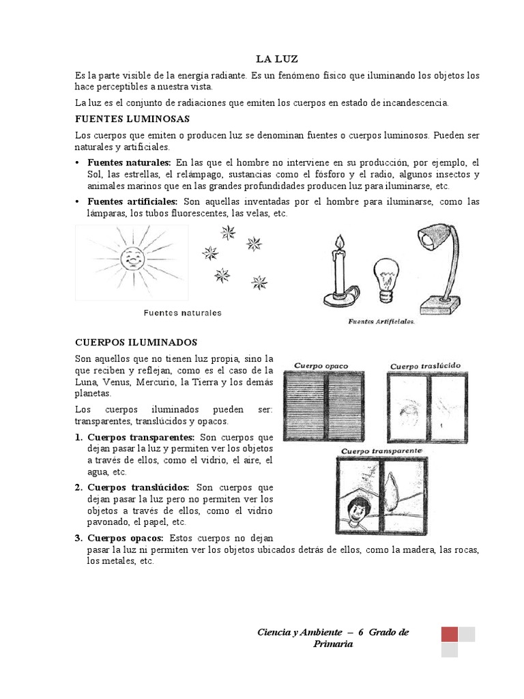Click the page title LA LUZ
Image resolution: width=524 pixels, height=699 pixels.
point(278,60)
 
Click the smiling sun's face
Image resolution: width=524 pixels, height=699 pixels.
point(131,259)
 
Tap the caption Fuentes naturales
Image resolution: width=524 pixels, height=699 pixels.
point(182,313)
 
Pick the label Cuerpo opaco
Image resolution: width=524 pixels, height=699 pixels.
point(321,366)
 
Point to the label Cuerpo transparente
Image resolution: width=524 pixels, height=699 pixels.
point(381,451)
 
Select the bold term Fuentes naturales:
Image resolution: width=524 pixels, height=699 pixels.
point(129,162)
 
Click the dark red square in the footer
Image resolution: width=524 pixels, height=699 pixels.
point(450,634)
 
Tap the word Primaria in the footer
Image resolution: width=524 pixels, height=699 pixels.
point(333,644)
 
